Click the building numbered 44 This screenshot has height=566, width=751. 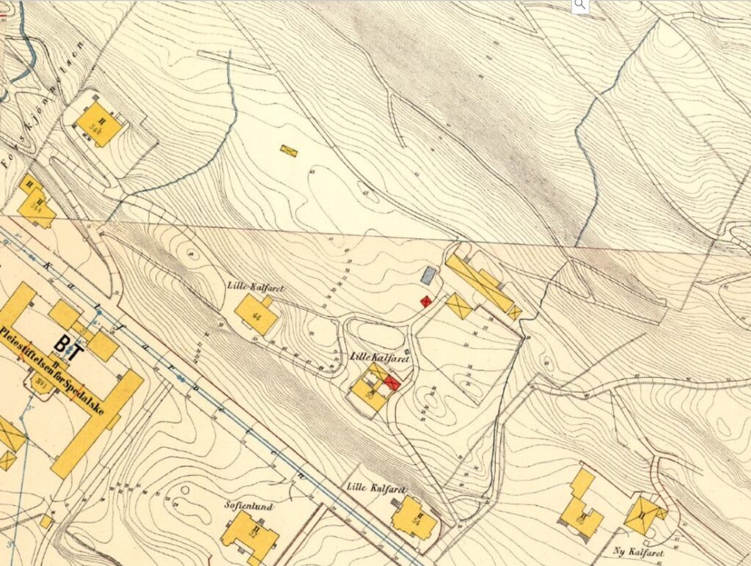point(257,316)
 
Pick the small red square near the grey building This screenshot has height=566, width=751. point(424,301)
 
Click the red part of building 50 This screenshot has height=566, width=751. point(392,383)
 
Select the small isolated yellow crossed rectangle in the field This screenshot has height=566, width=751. point(289,150)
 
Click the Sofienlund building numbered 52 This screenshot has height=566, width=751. point(249,535)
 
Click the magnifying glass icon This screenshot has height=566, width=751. point(580,6)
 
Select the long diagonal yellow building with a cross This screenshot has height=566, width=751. point(481,283)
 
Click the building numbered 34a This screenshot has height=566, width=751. point(34,205)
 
